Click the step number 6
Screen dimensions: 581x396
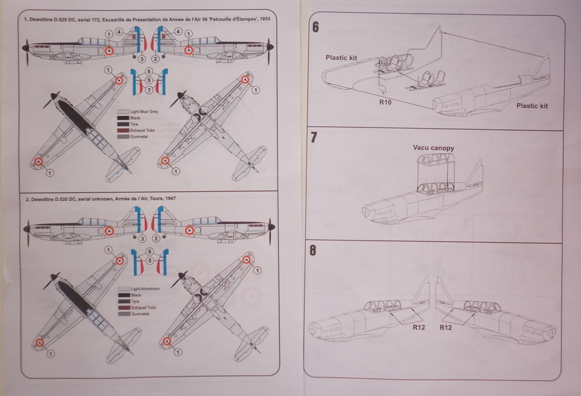[315, 27]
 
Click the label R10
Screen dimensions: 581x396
[385, 103]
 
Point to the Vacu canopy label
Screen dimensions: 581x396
[433, 148]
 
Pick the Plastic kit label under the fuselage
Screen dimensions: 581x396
[532, 106]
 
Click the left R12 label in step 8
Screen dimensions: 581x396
[419, 327]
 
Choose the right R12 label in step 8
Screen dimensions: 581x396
[446, 327]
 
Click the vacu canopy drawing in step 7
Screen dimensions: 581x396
[436, 173]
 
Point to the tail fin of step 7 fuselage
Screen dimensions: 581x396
[475, 174]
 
